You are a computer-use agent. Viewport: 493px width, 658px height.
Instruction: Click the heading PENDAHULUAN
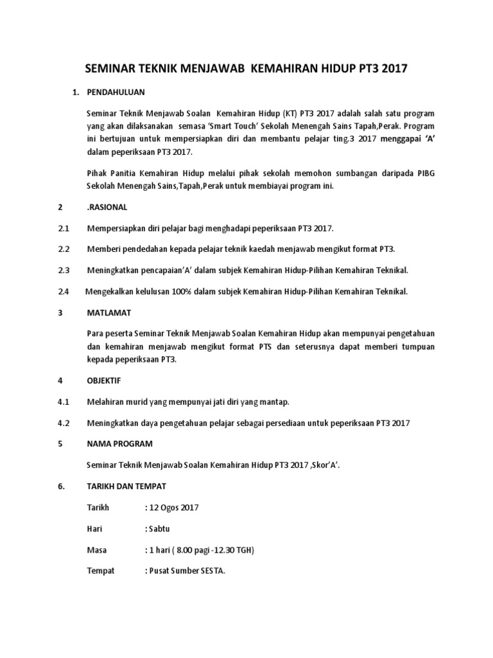pos(116,93)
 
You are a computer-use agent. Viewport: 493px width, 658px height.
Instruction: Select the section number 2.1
pos(63,229)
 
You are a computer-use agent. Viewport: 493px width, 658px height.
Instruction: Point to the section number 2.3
pos(63,271)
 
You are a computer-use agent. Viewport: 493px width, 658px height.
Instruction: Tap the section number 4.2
pos(63,422)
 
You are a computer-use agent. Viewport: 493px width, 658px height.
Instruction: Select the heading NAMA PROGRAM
pos(119,443)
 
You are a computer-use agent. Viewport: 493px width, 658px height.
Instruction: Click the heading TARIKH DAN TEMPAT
pos(128,486)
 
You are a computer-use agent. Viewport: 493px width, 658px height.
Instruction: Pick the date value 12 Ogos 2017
pos(174,508)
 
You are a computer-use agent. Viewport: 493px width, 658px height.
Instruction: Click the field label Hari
pos(94,529)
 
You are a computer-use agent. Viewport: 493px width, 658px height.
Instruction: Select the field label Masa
pos(97,550)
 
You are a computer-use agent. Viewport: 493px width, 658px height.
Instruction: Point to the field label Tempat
pos(100,571)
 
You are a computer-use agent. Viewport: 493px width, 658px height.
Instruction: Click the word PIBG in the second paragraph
pos(424,174)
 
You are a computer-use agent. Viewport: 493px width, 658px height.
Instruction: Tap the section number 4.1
pos(63,402)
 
